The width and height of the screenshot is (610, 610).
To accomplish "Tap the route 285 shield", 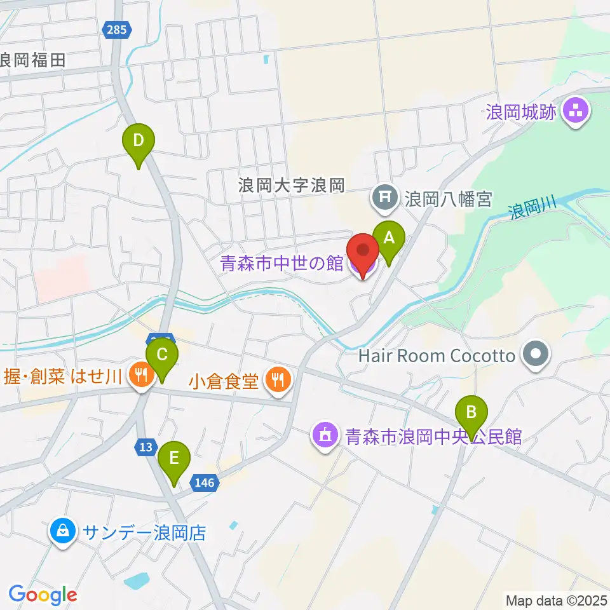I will pyautogui.click(x=118, y=29).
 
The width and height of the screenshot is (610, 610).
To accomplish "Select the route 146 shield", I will pyautogui.click(x=205, y=483).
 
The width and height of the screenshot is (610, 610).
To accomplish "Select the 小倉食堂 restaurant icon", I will pyautogui.click(x=278, y=381).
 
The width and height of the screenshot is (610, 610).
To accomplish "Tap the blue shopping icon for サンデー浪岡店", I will pyautogui.click(x=63, y=531).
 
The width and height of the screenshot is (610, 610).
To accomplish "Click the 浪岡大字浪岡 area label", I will pyautogui.click(x=291, y=186).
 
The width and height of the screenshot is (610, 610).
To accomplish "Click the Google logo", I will pyautogui.click(x=43, y=594).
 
